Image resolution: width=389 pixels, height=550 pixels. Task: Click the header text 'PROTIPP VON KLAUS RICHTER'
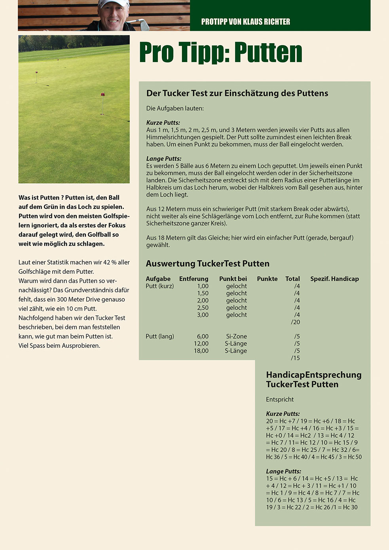(x=245, y=22)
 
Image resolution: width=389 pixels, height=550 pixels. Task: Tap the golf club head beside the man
(x=144, y=25)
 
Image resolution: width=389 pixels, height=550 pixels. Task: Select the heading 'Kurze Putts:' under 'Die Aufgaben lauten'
(x=163, y=123)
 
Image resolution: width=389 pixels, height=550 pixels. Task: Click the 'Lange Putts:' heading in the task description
(x=164, y=159)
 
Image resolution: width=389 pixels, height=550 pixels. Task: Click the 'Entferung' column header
(x=194, y=279)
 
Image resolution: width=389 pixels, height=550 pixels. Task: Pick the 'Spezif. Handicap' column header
(x=334, y=279)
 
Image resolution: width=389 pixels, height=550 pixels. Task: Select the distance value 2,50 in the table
(x=203, y=308)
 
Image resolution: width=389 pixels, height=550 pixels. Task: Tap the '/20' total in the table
(x=295, y=322)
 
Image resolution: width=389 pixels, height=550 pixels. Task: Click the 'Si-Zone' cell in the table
(x=236, y=336)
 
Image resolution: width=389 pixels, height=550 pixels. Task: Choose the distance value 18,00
(x=201, y=351)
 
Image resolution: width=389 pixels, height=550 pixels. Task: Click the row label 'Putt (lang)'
(x=160, y=336)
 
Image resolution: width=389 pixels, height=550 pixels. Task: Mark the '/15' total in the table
(x=295, y=358)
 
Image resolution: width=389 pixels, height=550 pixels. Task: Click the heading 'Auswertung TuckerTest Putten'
(x=207, y=264)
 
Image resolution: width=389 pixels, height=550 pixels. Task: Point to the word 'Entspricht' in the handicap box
(x=280, y=400)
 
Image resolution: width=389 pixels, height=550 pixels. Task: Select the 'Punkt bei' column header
(x=233, y=279)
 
